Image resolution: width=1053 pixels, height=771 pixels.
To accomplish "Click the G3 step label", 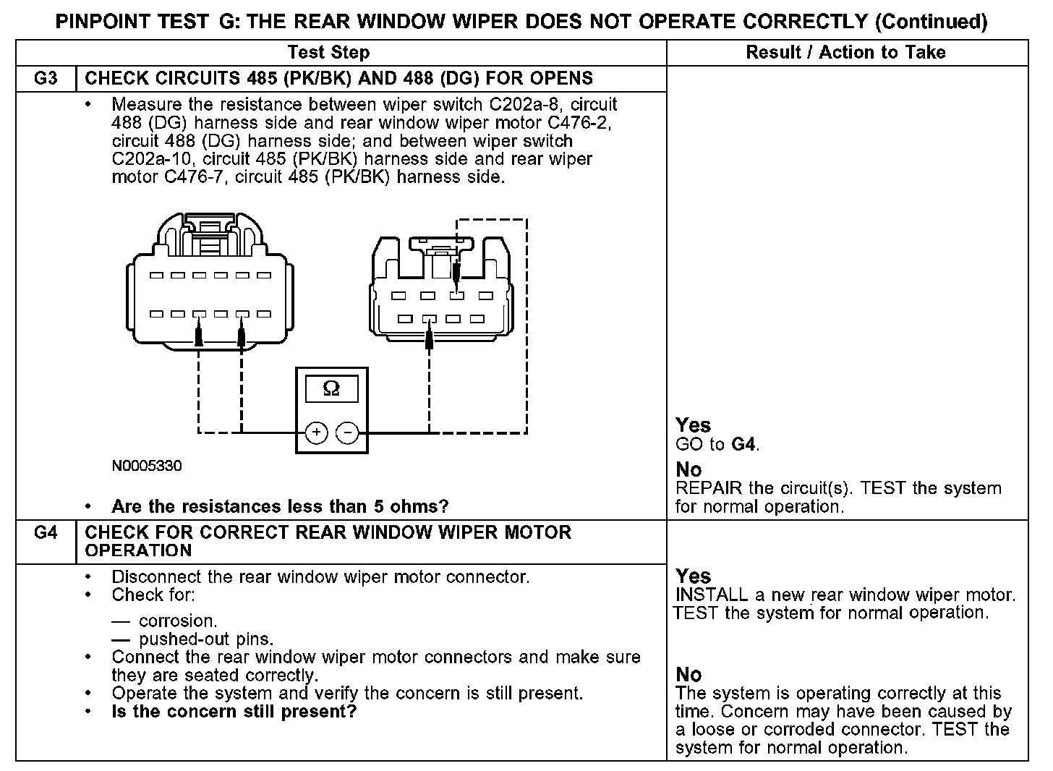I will pyautogui.click(x=45, y=78).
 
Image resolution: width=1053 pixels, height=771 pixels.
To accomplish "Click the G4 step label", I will pyautogui.click(x=45, y=533).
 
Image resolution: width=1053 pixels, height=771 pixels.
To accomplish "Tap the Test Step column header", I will pyautogui.click(x=328, y=52).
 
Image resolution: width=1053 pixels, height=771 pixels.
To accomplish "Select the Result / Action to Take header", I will pyautogui.click(x=845, y=52).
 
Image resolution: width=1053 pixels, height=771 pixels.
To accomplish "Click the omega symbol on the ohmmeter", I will pyautogui.click(x=331, y=389).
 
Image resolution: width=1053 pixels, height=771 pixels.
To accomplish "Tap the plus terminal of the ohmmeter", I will pyautogui.click(x=316, y=433).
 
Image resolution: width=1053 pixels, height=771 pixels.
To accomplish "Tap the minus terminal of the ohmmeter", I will pyautogui.click(x=348, y=433).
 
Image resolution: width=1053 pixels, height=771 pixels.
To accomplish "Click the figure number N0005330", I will pyautogui.click(x=147, y=466).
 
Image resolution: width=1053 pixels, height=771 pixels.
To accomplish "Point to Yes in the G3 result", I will pyautogui.click(x=693, y=425).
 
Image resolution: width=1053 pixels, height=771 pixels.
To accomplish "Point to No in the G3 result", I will pyautogui.click(x=688, y=470).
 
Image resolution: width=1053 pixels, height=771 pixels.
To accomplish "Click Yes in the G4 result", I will pyautogui.click(x=693, y=576).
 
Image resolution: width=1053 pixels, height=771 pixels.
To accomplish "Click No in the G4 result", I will pyautogui.click(x=688, y=675).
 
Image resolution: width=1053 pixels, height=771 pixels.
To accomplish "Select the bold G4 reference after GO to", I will pyautogui.click(x=744, y=444).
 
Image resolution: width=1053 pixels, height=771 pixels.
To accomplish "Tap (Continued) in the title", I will pyautogui.click(x=931, y=22).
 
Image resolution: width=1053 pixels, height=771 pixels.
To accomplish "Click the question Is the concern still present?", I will pyautogui.click(x=234, y=712).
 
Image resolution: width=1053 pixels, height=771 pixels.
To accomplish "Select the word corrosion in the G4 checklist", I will pyautogui.click(x=177, y=621).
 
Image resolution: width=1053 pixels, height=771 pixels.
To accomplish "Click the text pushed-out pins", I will pyautogui.click(x=206, y=639).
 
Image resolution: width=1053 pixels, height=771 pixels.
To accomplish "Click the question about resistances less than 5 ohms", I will pyautogui.click(x=280, y=506).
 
